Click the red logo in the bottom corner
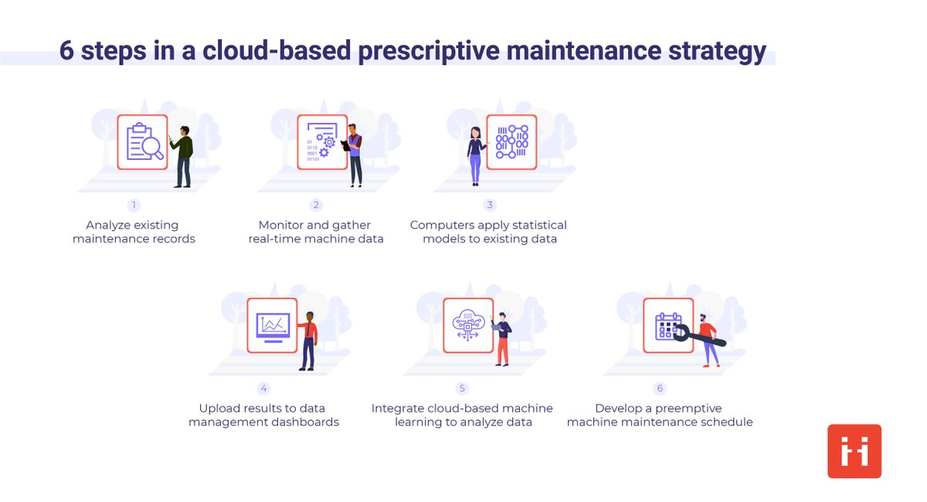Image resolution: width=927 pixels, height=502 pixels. [854, 451]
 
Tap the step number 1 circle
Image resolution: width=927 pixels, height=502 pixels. [134, 205]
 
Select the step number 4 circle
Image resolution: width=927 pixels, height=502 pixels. [263, 388]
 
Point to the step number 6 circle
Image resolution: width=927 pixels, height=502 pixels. [660, 388]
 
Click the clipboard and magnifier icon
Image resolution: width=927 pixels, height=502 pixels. [143, 142]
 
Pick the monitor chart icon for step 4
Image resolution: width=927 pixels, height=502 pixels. [273, 325]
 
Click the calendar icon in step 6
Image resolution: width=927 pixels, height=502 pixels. [667, 325]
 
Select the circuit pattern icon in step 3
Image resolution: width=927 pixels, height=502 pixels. [511, 142]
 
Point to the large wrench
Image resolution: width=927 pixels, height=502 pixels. [698, 335]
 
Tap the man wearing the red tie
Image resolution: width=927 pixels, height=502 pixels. [308, 340]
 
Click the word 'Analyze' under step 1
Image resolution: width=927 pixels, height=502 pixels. [110, 225]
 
